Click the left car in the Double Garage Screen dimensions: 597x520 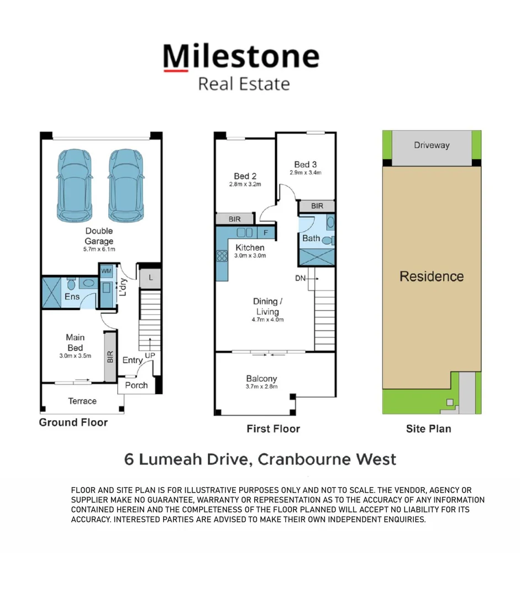coord(74,185)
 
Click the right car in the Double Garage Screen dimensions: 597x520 coord(126,185)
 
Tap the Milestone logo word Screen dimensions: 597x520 coord(241,57)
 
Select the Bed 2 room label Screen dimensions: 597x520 coord(245,176)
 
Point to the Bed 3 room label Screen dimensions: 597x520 coord(305,164)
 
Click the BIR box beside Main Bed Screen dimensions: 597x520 coord(110,356)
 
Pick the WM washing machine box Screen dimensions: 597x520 coord(106,271)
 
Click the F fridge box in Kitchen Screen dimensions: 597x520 coord(266,233)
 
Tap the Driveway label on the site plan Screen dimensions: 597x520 coord(432,145)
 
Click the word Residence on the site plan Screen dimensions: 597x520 coord(432,276)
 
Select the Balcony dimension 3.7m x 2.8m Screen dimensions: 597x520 coord(261,387)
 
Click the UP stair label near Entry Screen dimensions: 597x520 coord(149,355)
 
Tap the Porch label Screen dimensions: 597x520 coord(136,385)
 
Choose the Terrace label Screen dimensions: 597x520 coord(82,401)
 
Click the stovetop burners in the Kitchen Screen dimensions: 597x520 coord(222,256)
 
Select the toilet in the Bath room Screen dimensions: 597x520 coord(328,240)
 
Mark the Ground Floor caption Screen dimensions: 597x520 coord(73,422)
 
